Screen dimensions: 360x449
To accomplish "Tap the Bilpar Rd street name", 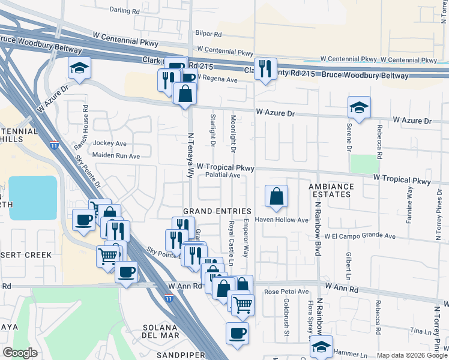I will (x=208, y=34).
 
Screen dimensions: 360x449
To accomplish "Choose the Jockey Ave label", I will (x=110, y=143).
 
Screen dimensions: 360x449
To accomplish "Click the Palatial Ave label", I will (x=223, y=176).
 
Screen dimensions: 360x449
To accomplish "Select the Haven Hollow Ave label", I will (x=284, y=220).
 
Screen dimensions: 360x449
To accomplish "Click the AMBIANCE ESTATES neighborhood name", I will (x=331, y=190).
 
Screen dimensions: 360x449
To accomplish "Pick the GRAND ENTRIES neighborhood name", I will (x=217, y=211).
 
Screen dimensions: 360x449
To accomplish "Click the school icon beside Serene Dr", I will (x=359, y=108).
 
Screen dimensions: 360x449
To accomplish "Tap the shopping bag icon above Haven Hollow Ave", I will (x=276, y=196).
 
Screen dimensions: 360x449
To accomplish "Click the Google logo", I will (x=20, y=353).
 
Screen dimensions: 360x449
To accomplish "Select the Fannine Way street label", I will (x=410, y=205).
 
